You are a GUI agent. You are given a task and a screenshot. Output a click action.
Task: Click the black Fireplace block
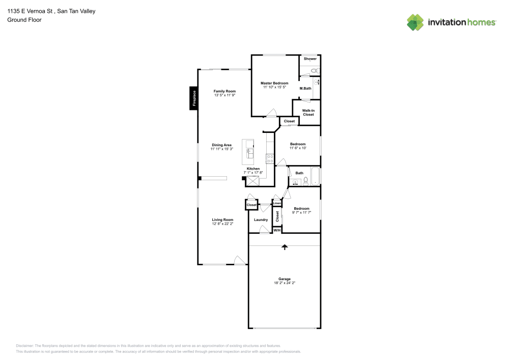tap(193, 98)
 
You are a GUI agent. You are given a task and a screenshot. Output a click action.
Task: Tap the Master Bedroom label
tap(274, 83)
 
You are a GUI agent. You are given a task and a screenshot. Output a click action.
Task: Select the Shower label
tap(310, 59)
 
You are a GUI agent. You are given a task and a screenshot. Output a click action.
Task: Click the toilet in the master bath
tap(315, 71)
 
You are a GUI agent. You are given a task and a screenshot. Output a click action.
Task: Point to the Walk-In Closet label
tap(308, 113)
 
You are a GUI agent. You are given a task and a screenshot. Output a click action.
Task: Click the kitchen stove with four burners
tap(270, 158)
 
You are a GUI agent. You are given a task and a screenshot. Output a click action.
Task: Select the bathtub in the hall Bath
tap(315, 176)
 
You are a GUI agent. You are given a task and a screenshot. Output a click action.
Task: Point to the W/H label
tap(277, 230)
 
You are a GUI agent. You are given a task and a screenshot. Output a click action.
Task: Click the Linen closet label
tap(277, 204)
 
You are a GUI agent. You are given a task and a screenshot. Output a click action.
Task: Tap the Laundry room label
tap(261, 219)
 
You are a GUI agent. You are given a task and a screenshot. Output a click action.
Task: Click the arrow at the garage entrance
tap(285, 247)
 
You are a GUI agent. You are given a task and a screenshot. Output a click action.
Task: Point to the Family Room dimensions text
tap(224, 95)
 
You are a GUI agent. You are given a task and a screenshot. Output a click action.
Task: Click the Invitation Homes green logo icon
tap(415, 22)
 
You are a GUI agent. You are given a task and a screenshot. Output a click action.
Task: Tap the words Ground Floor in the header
tap(24, 20)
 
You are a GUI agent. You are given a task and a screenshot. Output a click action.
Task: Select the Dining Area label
tap(221, 145)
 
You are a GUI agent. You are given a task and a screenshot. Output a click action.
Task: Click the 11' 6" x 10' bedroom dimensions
tap(298, 148)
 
